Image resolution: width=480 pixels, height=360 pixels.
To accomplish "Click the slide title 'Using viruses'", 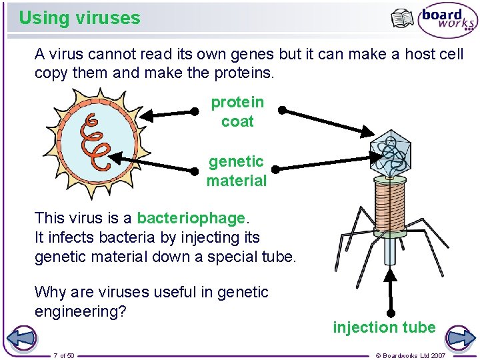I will (x=79, y=18).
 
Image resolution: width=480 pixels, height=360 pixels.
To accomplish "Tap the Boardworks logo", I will (x=447, y=21).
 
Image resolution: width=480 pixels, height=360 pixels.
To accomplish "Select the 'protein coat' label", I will (x=237, y=111).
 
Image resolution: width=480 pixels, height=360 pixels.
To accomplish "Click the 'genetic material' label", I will (x=237, y=171).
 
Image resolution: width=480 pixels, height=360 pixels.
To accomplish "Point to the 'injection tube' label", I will (x=384, y=327).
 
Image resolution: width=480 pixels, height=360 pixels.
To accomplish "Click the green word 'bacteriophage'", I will (x=191, y=218).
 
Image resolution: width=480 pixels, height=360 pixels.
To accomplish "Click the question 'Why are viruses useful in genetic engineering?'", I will (x=151, y=301).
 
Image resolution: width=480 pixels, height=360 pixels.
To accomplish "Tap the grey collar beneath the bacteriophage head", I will (x=390, y=178).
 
